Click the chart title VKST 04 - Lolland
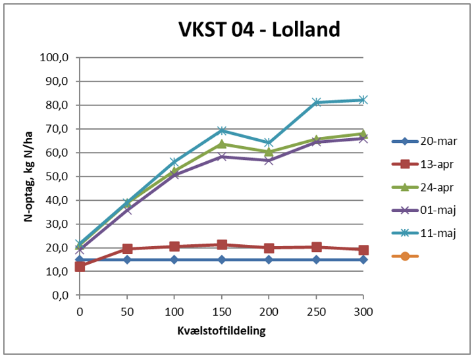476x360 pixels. (x=259, y=30)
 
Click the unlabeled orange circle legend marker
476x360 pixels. (x=406, y=255)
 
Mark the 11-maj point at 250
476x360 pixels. (x=316, y=102)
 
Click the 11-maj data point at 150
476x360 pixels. (x=221, y=130)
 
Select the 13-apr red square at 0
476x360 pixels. (x=80, y=267)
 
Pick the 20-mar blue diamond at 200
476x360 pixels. (x=269, y=260)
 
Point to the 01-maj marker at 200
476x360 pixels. (x=269, y=160)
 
